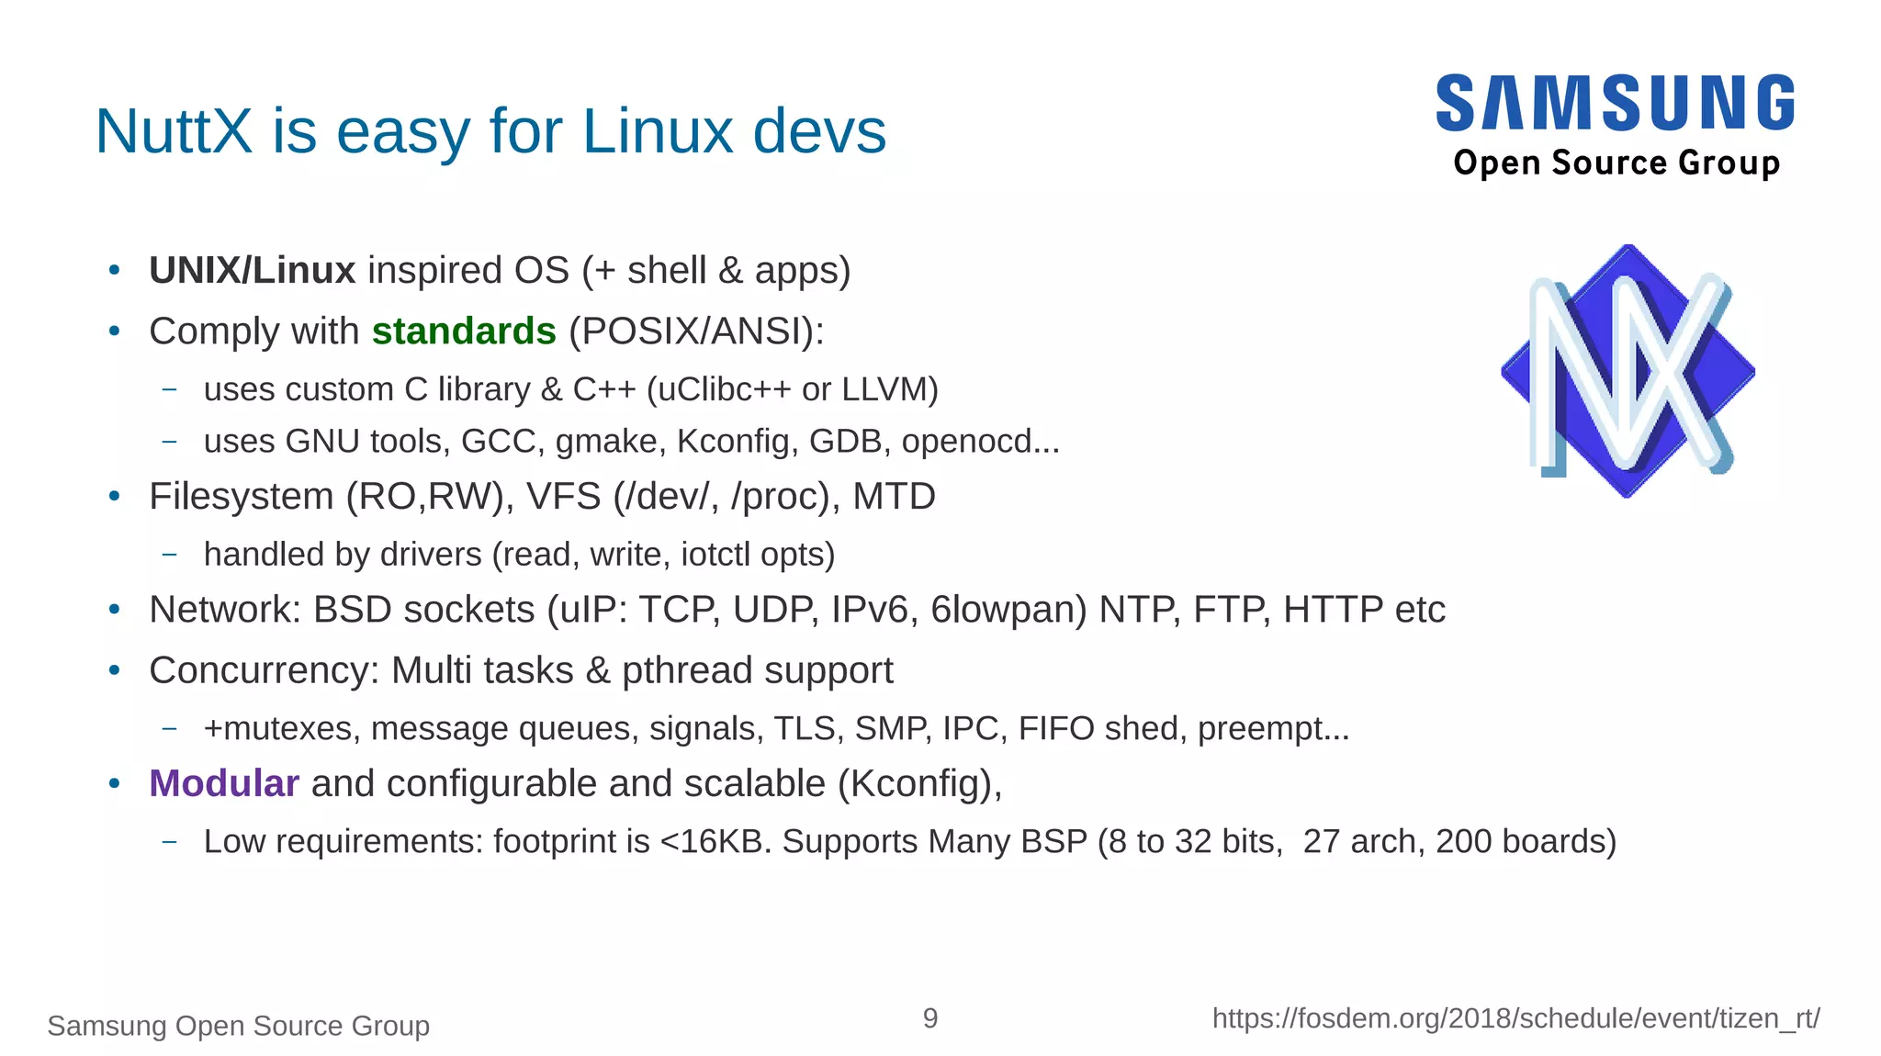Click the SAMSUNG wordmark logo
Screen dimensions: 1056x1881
(x=1615, y=103)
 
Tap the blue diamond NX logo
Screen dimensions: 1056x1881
(x=1628, y=371)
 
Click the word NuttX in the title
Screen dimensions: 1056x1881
(x=174, y=131)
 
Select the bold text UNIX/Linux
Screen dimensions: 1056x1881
(x=252, y=271)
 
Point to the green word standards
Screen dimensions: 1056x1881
(x=464, y=331)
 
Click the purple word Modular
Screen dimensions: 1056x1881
(x=224, y=784)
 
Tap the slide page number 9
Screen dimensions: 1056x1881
(x=930, y=1018)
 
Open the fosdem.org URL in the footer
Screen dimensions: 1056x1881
(x=1515, y=1018)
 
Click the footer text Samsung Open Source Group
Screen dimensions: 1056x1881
(x=239, y=1026)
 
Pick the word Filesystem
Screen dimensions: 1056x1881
(x=242, y=497)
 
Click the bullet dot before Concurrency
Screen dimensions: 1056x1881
(x=115, y=671)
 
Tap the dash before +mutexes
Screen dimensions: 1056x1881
(x=169, y=729)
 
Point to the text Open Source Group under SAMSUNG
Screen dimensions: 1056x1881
(x=1616, y=163)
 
